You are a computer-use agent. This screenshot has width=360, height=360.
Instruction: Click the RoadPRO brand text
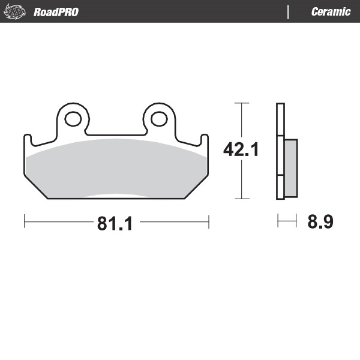coord(56,12)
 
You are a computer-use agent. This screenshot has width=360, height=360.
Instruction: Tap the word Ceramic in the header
coord(331,12)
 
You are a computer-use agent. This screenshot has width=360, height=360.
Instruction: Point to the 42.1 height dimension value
coord(241,149)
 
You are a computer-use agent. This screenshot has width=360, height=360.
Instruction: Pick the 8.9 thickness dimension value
coord(320,222)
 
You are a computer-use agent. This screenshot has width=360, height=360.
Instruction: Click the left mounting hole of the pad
coord(73,119)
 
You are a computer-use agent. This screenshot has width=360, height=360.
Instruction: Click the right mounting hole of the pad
coord(159,119)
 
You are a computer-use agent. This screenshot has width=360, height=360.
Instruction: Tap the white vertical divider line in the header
coord(289,12)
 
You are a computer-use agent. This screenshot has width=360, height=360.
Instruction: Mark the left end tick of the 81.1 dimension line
coord(25,221)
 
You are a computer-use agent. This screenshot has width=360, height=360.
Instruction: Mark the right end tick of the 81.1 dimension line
coord(208,221)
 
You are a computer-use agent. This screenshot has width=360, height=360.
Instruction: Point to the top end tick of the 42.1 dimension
coord(241,103)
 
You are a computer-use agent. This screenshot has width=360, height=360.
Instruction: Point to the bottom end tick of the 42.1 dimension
coord(241,199)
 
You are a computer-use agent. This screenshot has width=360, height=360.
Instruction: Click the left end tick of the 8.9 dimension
coord(278,221)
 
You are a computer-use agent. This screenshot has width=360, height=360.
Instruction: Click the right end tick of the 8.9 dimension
coord(296,221)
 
